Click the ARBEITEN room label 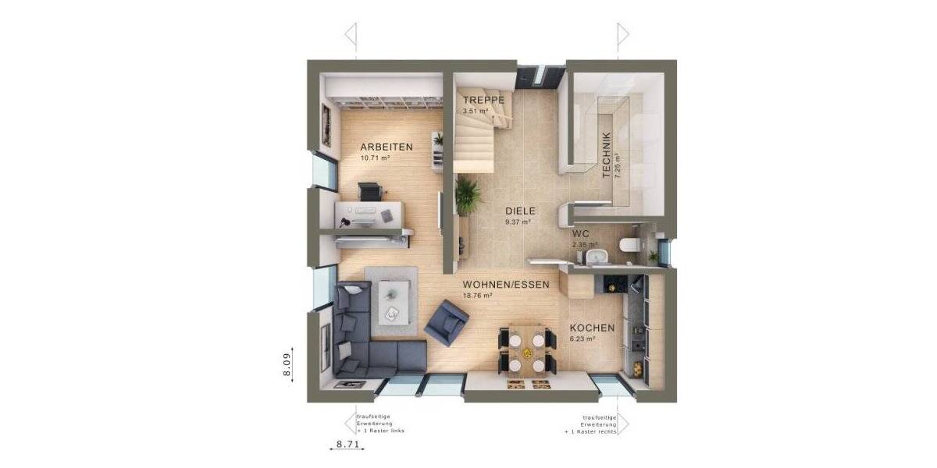[386, 147]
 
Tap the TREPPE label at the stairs [483, 101]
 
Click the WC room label [579, 233]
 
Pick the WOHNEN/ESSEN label [501, 285]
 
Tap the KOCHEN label [591, 328]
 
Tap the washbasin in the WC [599, 256]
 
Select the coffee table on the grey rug [392, 302]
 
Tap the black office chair [370, 191]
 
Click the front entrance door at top [539, 76]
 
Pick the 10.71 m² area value [375, 158]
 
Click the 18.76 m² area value [477, 296]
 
